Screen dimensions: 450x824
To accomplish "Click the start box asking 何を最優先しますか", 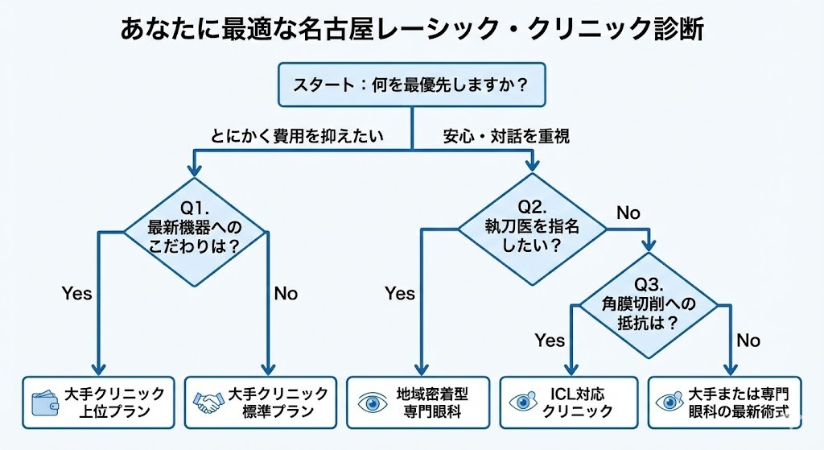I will pyautogui.click(x=411, y=85).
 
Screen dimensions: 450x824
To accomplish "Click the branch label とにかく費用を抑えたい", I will pyautogui.click(x=298, y=136).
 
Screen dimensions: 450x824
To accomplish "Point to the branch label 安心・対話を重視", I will pyautogui.click(x=506, y=136).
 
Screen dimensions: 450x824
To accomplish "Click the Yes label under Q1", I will pyautogui.click(x=77, y=293).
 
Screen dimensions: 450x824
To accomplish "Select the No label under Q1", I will pyautogui.click(x=286, y=293).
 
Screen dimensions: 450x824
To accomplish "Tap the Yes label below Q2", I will pyautogui.click(x=399, y=293).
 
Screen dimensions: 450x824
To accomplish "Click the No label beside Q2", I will pyautogui.click(x=628, y=213).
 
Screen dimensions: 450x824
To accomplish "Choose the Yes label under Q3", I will pyautogui.click(x=550, y=341).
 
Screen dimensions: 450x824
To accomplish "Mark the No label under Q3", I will pyautogui.click(x=748, y=341).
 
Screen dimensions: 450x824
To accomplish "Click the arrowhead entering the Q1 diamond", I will pyautogui.click(x=194, y=171).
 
